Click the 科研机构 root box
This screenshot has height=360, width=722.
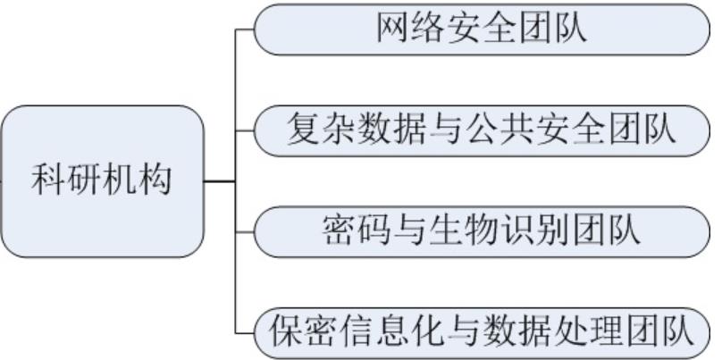pos(102,181)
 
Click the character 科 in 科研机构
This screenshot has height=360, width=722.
pos(48,181)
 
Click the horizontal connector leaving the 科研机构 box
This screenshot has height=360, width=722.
pos(220,181)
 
